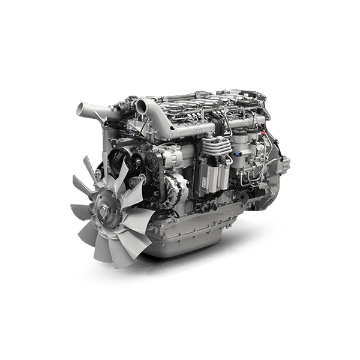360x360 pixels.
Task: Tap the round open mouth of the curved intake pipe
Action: [x=142, y=107]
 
